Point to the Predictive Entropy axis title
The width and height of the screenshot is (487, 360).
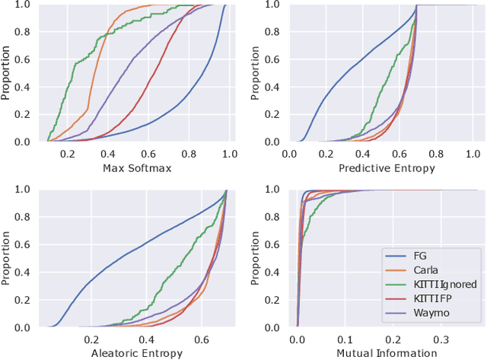tap(387, 167)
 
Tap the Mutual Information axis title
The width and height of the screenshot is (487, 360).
tap(387, 353)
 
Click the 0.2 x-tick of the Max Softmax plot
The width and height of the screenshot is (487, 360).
tap(68, 154)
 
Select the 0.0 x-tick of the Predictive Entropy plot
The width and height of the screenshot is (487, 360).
tap(290, 154)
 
